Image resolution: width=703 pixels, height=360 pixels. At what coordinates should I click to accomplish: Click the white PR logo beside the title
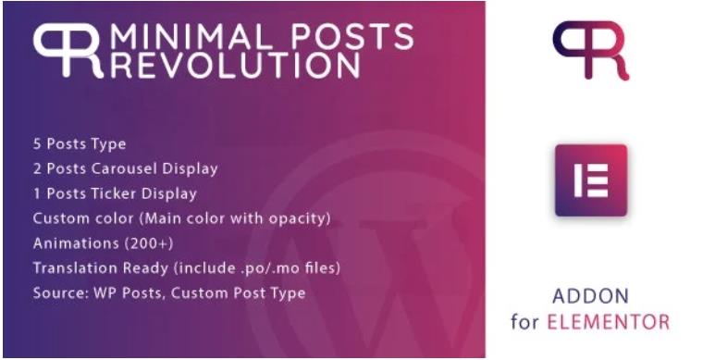coord(67,50)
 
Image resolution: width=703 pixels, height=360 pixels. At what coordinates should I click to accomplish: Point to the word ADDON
coord(589,297)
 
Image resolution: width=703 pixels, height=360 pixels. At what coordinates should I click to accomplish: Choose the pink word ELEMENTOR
coord(617,323)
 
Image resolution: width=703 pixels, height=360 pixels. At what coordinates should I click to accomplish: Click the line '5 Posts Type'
coord(80,144)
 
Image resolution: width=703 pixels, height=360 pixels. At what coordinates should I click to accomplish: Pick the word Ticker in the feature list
coord(115,194)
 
